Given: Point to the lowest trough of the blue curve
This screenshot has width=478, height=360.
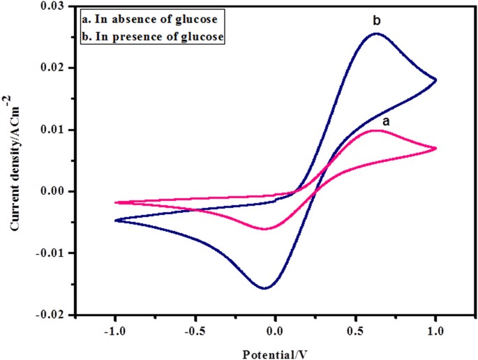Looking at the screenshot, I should (265, 288).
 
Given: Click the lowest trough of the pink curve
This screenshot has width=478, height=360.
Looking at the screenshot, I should (265, 228).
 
